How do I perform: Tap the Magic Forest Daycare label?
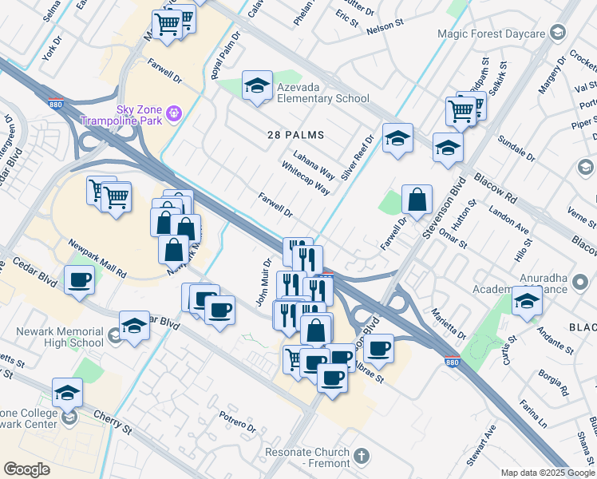point(491,34)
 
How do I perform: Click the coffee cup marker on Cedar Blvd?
point(79,281)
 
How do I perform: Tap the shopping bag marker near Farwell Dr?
point(417,200)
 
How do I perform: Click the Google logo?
point(27,469)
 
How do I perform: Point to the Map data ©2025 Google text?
point(547,472)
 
